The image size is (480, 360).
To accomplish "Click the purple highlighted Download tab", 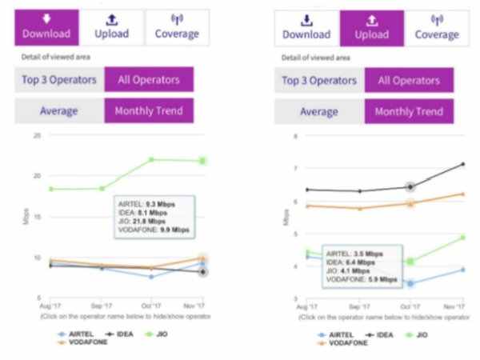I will coord(46,27).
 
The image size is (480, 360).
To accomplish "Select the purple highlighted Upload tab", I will coord(370,27).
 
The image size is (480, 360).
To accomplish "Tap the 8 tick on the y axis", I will coord(296,136).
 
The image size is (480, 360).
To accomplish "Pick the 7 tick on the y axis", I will coord(296,169).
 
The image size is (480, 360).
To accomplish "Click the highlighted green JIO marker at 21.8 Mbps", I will coord(202,161).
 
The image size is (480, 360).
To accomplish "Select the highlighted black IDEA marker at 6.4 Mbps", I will coord(410,186).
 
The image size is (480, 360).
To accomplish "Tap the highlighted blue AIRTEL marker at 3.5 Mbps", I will coord(410,282).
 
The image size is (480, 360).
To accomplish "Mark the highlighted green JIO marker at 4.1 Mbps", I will coord(410,261).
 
